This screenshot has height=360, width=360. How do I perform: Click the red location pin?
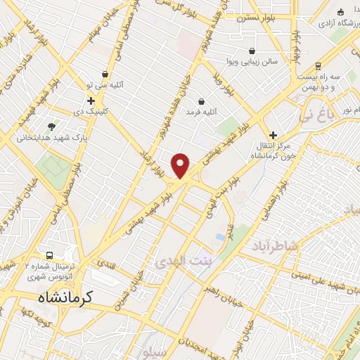[x=181, y=165]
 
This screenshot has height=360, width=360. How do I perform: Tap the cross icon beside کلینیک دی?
[x=91, y=101]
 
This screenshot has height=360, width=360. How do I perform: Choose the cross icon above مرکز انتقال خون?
[x=274, y=134]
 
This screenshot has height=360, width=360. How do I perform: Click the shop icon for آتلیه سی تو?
[x=105, y=74]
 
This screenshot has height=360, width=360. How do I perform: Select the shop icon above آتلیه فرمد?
[x=202, y=101]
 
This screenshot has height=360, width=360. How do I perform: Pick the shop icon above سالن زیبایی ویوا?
[x=252, y=51]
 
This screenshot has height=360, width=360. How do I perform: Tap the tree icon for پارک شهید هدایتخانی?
[x=51, y=127]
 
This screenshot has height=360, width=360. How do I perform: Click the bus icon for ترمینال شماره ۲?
[x=49, y=255]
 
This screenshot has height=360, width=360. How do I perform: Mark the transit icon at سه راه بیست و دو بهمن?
[x=318, y=66]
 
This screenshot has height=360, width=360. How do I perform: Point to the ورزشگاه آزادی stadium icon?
[x=340, y=12]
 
